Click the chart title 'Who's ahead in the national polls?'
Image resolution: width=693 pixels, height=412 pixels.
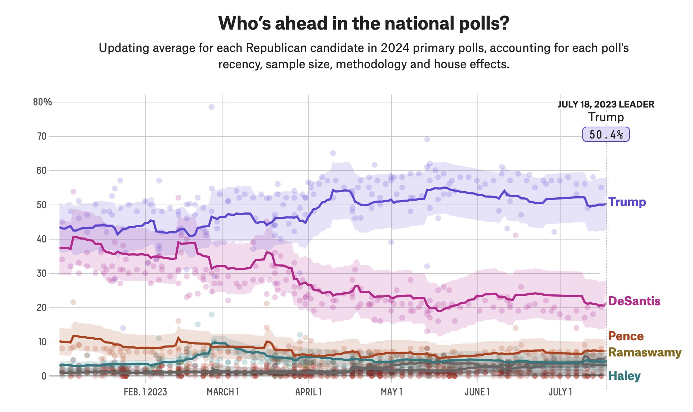click(x=363, y=23)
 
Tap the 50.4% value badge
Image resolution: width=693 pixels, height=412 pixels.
click(x=606, y=135)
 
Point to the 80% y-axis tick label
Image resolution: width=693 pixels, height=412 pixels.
click(x=43, y=102)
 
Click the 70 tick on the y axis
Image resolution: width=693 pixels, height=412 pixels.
click(x=42, y=136)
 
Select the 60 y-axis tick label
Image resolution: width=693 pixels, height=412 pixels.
click(x=41, y=171)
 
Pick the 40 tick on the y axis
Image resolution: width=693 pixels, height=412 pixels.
click(x=41, y=239)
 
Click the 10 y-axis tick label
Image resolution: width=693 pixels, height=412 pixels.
click(x=42, y=342)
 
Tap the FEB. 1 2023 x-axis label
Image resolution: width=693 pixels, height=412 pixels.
click(x=145, y=392)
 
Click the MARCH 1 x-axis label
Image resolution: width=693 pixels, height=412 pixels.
click(x=223, y=392)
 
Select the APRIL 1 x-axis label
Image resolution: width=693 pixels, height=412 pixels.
click(x=308, y=392)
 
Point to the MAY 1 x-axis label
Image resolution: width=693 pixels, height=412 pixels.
click(x=391, y=392)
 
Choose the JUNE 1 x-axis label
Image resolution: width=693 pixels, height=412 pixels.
click(x=477, y=392)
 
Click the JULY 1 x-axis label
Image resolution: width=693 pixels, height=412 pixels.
click(x=560, y=392)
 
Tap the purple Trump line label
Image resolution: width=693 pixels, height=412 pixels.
click(x=627, y=202)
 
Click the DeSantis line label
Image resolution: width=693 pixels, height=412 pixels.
click(x=634, y=301)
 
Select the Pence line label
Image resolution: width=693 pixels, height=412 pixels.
click(x=626, y=336)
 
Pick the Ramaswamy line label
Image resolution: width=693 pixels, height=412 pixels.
click(x=645, y=352)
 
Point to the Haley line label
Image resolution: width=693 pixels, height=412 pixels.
click(x=624, y=376)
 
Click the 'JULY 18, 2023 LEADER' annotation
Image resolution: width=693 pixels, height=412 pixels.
click(x=606, y=105)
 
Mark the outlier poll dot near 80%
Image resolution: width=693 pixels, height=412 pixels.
click(x=212, y=107)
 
